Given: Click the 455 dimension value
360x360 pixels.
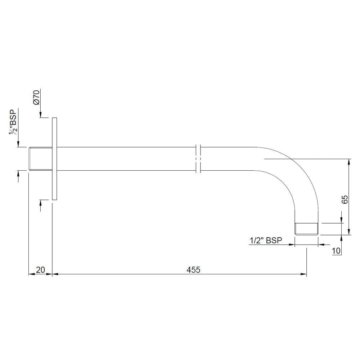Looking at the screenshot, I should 193,269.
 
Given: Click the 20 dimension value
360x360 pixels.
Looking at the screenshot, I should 40,269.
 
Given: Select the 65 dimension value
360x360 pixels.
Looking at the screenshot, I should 345,200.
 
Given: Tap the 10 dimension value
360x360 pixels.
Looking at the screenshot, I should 336,251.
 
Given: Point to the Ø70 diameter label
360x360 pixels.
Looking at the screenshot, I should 36,97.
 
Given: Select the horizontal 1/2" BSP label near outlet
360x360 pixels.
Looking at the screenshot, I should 266,240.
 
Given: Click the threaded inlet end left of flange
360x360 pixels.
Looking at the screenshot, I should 40,158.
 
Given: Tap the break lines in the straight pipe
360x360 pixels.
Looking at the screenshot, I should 198,158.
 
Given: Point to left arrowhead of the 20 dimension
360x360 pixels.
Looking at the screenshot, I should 31,274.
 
